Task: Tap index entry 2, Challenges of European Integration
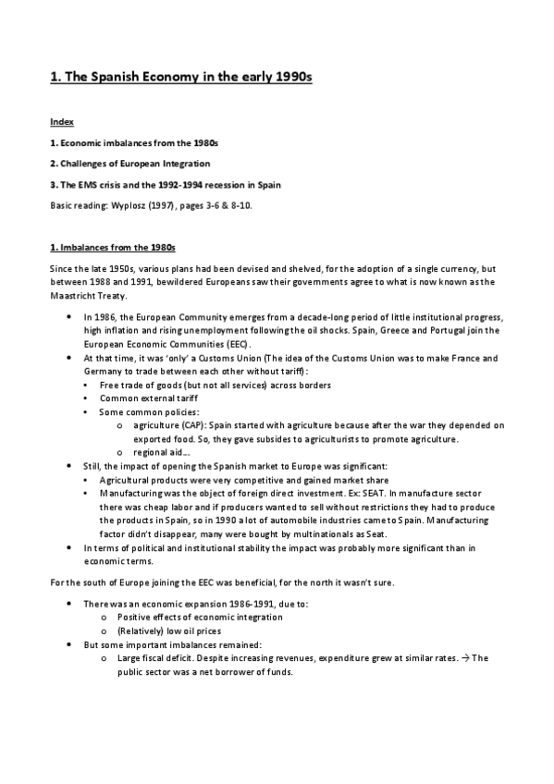tap(140, 164)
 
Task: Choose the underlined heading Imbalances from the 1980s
tap(112, 249)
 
